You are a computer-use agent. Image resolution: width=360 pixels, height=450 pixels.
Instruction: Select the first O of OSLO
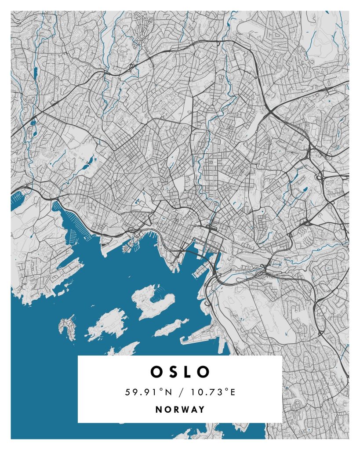click(157, 372)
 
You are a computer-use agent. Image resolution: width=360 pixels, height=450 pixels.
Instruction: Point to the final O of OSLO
click(203, 372)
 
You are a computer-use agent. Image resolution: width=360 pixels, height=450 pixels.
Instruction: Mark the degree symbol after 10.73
click(228, 390)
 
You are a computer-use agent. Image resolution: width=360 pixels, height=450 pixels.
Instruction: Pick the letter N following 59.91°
click(167, 392)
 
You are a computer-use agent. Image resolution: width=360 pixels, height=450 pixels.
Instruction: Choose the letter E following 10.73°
click(233, 392)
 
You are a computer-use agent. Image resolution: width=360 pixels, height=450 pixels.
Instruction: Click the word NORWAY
click(180, 410)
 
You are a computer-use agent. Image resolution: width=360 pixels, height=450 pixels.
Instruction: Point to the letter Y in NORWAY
click(202, 410)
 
